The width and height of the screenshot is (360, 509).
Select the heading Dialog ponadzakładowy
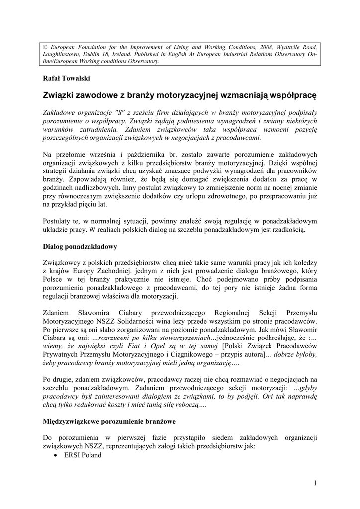click(x=80, y=246)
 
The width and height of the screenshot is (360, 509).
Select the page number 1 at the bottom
click(x=315, y=483)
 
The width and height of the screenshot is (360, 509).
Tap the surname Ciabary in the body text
click(x=132, y=313)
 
